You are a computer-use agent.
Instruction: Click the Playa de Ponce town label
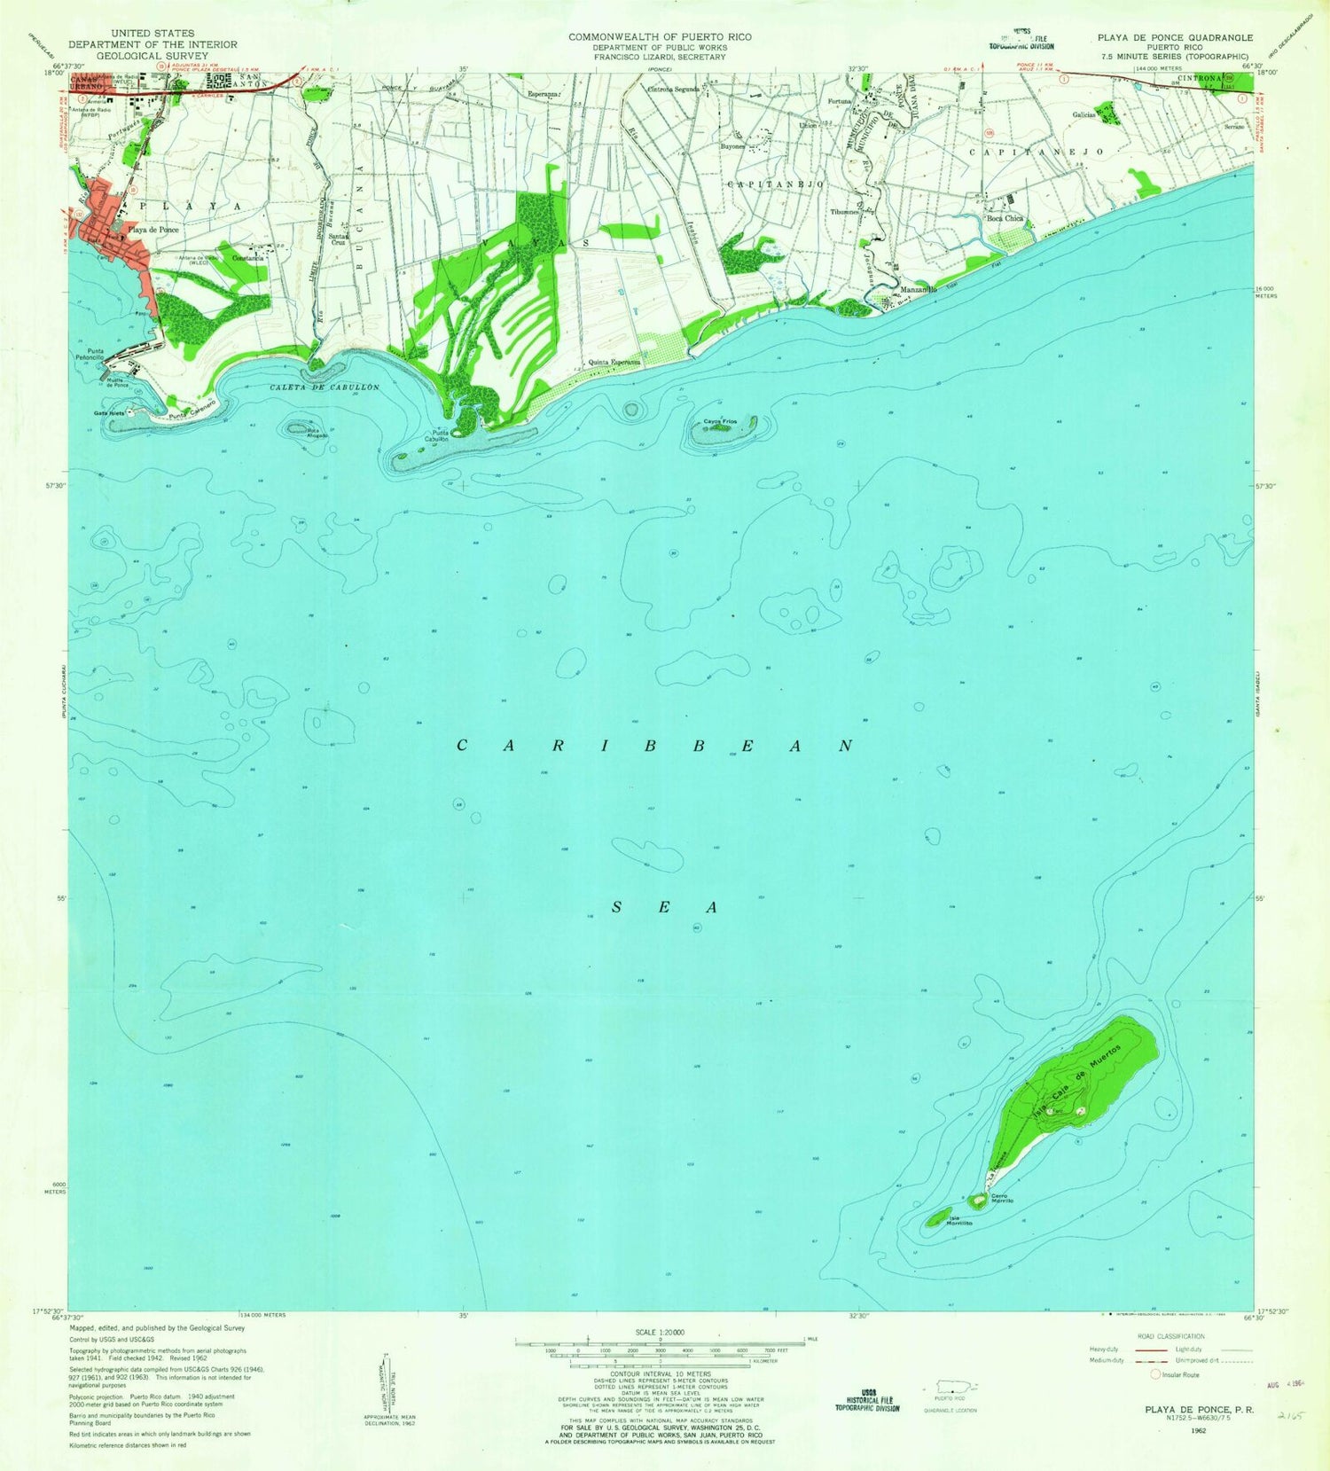153,230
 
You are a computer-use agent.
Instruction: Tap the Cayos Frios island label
720,421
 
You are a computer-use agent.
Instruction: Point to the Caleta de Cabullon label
325,387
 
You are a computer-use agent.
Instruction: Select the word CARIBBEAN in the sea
654,747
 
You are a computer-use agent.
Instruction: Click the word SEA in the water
664,908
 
